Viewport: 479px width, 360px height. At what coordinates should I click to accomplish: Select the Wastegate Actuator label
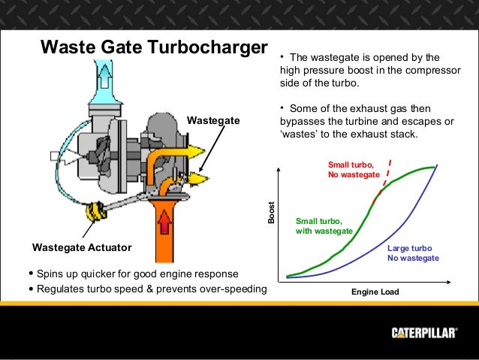pyautogui.click(x=82, y=247)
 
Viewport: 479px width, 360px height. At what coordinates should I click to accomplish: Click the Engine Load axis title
pyautogui.click(x=375, y=292)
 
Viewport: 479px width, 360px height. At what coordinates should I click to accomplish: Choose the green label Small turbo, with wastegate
pyautogui.click(x=324, y=226)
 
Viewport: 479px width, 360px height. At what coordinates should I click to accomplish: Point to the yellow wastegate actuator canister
pyautogui.click(x=96, y=212)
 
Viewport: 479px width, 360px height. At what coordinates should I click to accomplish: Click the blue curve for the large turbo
pyautogui.click(x=390, y=233)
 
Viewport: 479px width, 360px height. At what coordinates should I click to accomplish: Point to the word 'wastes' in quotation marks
pyautogui.click(x=298, y=135)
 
